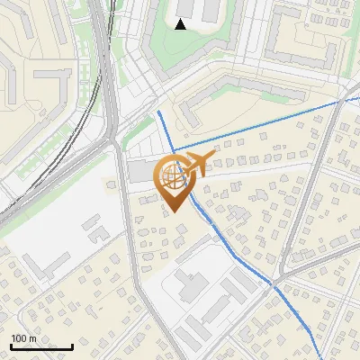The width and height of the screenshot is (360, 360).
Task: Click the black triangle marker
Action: tap(181, 24)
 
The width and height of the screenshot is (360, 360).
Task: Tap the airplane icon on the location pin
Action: tap(195, 163)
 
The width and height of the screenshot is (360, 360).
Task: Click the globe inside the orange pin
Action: tap(171, 175)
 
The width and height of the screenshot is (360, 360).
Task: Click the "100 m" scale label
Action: tap(23, 338)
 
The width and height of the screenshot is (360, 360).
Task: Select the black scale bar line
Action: tap(41, 346)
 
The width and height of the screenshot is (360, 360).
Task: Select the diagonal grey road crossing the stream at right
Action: tap(288, 252)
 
